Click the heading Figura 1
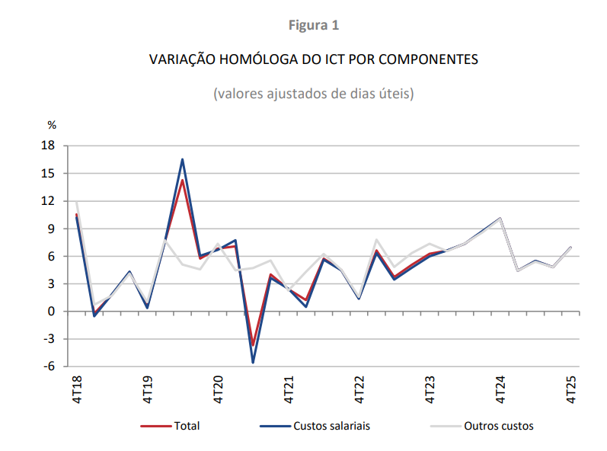(314, 25)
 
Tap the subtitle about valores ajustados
(314, 94)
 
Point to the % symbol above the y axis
(52, 124)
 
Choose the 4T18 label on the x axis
(77, 389)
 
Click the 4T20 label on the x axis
(218, 389)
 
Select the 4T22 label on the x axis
(359, 389)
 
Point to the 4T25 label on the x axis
(570, 389)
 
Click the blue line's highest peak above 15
(183, 159)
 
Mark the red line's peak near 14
(183, 181)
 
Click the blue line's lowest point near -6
(253, 363)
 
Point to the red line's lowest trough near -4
(253, 345)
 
